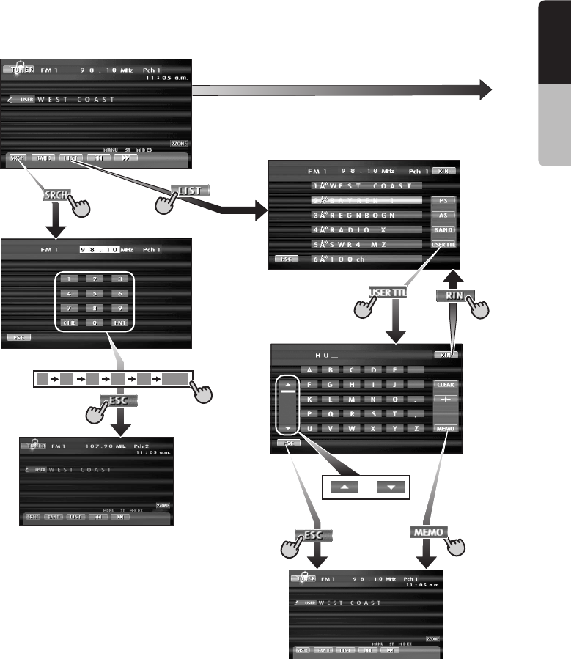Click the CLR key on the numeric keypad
pyautogui.click(x=70, y=322)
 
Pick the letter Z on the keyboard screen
pyautogui.click(x=416, y=428)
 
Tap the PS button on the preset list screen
pyautogui.click(x=442, y=201)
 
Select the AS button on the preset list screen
pyautogui.click(x=442, y=216)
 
